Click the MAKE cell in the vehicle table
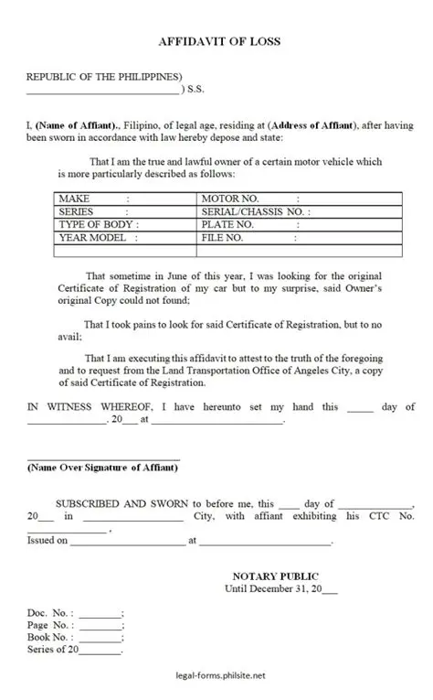coord(91,198)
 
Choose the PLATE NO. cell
coord(227,224)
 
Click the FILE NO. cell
coord(225,237)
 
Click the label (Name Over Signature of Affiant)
coord(102,468)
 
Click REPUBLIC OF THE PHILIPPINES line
coord(104,76)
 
